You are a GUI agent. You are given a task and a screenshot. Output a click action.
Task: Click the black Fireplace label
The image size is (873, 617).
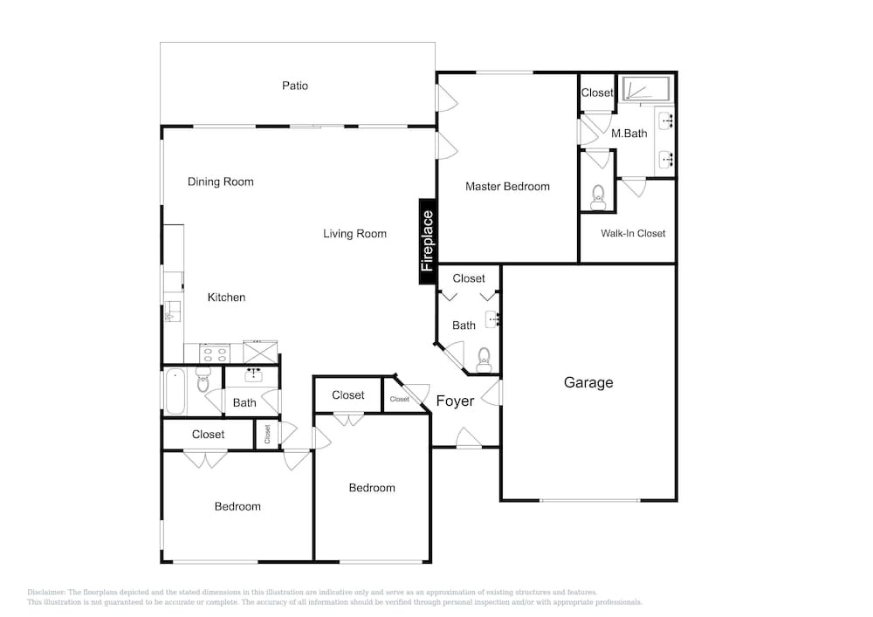pyautogui.click(x=427, y=242)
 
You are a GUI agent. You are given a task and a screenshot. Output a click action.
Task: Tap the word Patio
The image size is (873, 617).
pyautogui.click(x=294, y=86)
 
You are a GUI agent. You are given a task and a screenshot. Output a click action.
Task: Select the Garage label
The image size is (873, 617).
pyautogui.click(x=588, y=383)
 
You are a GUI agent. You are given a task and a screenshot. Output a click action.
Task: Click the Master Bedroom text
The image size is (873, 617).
pyautogui.click(x=507, y=187)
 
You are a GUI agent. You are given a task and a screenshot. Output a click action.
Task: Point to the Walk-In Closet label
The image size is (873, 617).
pyautogui.click(x=633, y=233)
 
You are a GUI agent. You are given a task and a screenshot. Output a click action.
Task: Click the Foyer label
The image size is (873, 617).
pyautogui.click(x=455, y=401)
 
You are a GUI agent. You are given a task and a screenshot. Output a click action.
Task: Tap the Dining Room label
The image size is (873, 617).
pyautogui.click(x=221, y=182)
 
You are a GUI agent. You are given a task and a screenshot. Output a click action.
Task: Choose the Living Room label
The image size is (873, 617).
pyautogui.click(x=354, y=234)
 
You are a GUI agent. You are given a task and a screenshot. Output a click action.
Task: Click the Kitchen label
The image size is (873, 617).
pyautogui.click(x=226, y=297)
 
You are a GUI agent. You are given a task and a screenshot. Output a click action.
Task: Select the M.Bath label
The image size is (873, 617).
pyautogui.click(x=629, y=134)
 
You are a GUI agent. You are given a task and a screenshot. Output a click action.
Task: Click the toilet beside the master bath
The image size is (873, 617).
pyautogui.click(x=598, y=197)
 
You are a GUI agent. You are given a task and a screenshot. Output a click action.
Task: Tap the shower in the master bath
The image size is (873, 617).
pyautogui.click(x=646, y=89)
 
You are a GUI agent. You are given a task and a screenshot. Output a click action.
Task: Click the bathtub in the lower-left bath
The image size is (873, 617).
pyautogui.click(x=175, y=392)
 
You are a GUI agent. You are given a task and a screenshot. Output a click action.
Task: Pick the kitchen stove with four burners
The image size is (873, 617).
pyautogui.click(x=215, y=353)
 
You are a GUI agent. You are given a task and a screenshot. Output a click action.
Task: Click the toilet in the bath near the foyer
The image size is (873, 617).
pyautogui.click(x=484, y=359)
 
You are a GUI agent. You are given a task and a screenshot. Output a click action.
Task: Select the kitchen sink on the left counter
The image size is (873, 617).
pyautogui.click(x=173, y=312)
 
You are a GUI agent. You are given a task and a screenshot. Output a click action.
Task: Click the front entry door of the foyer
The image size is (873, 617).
pyautogui.click(x=469, y=437)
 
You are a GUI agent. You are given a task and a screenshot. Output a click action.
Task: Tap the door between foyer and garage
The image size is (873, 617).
pyautogui.click(x=491, y=392)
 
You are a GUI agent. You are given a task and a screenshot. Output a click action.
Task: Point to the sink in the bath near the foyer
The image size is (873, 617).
pyautogui.click(x=492, y=319)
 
